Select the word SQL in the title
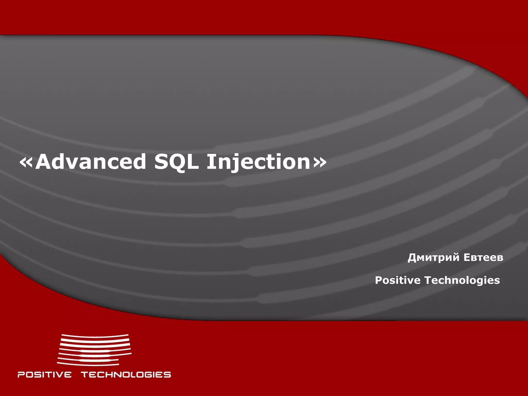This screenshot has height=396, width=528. (x=177, y=162)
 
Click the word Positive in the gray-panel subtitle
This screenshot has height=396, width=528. (x=398, y=280)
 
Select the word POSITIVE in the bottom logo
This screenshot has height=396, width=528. (x=44, y=374)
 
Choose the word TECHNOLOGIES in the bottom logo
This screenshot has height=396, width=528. (x=126, y=374)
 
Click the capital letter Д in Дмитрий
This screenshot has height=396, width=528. (x=412, y=258)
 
